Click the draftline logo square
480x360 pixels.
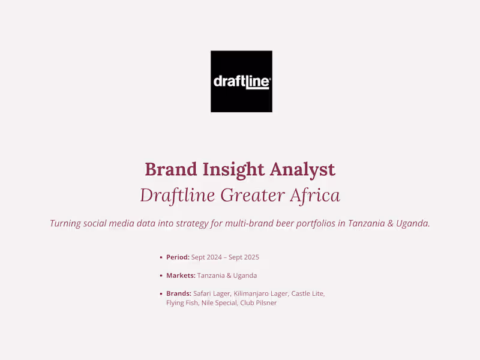(241, 81)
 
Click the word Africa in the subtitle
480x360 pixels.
(314, 195)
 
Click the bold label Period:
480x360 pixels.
(178, 257)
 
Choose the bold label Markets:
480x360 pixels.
(181, 275)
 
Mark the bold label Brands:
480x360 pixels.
(179, 293)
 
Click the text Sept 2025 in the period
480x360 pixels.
(244, 257)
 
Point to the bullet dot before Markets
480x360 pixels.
(161, 276)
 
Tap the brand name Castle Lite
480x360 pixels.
(307, 293)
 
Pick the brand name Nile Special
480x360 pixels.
(218, 303)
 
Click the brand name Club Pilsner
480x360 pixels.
(259, 303)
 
